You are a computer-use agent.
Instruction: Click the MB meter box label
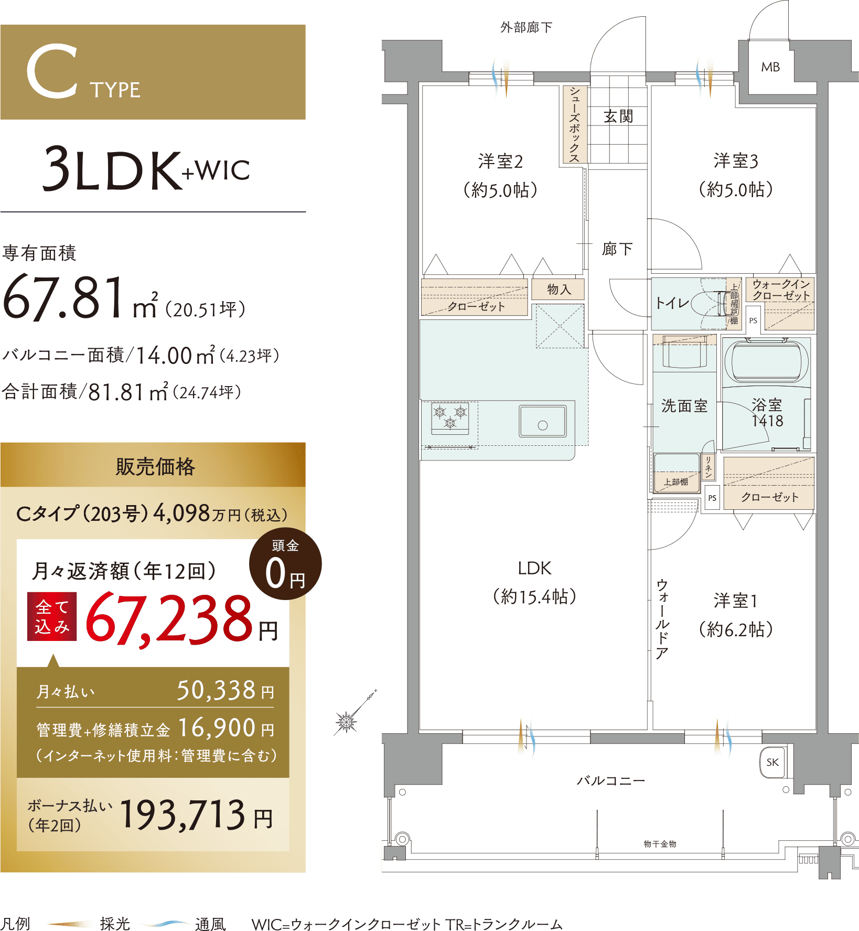[x=770, y=67]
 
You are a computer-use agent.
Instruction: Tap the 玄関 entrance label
[x=618, y=116]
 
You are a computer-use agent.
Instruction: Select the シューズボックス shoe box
[x=574, y=124]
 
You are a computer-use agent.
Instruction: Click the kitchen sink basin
[x=543, y=421]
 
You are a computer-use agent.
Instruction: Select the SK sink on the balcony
[x=772, y=762]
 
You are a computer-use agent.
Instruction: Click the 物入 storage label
[x=559, y=289]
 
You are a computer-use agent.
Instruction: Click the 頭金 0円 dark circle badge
[x=285, y=564]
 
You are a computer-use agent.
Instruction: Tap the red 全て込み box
[x=52, y=616]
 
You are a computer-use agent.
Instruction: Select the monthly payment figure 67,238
[x=169, y=618]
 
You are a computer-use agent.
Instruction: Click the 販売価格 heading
[x=155, y=466]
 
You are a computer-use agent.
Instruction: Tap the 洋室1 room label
[x=735, y=601]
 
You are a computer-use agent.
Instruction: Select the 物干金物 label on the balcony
[x=660, y=844]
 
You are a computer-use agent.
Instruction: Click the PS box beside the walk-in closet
[x=753, y=320]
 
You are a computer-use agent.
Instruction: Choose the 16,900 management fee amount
[x=217, y=728]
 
